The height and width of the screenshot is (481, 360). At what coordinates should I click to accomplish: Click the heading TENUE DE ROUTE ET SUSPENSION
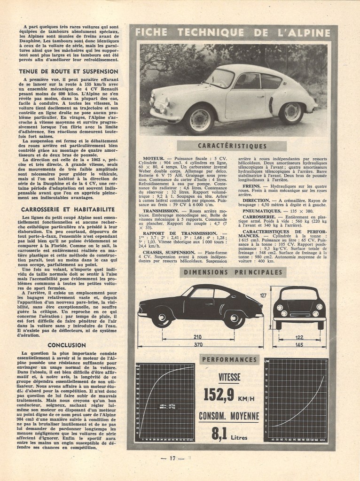[x=69, y=71]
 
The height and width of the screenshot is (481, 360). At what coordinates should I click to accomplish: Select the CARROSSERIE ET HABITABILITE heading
[x=69, y=210]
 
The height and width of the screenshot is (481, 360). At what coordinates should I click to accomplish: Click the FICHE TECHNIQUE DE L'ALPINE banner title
[x=233, y=32]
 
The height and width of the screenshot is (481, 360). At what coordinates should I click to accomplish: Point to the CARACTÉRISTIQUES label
[x=233, y=147]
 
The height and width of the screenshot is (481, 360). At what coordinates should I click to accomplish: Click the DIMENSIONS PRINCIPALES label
[x=233, y=272]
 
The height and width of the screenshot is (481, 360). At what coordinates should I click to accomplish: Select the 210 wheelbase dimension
[x=197, y=337]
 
